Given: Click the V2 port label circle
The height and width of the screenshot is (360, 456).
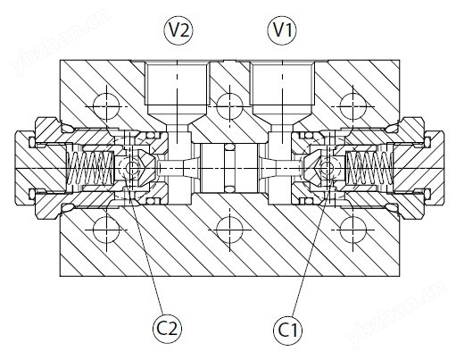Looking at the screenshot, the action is (x=178, y=30).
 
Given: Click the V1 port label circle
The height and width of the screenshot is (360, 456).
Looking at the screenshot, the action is (x=282, y=30).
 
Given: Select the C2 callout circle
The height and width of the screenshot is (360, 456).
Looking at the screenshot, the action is (x=167, y=329).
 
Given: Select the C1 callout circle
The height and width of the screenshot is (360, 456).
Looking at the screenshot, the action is (x=288, y=330).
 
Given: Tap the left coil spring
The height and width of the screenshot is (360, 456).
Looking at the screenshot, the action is (x=90, y=169).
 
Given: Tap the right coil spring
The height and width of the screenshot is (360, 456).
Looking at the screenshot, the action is (x=369, y=169).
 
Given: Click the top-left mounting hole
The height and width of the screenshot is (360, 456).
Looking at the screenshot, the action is (x=106, y=106).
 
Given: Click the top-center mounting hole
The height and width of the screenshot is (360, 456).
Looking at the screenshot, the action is (x=229, y=106).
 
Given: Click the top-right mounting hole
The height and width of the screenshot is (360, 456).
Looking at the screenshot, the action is (x=352, y=106).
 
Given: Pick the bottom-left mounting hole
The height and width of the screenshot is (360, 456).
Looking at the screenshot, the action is (x=106, y=230).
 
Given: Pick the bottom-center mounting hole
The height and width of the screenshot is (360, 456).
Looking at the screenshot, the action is (x=229, y=230).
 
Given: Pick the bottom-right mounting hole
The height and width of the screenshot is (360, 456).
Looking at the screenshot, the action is (x=352, y=230).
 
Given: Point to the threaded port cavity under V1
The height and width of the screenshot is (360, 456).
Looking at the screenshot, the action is (x=282, y=84).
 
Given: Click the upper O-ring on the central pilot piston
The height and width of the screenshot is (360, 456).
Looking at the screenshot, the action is (x=229, y=147).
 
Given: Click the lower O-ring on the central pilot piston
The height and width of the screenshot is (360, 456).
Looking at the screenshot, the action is (x=229, y=189).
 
